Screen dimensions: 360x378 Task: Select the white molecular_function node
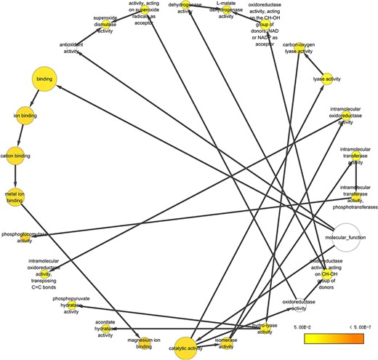coord(340,238)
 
